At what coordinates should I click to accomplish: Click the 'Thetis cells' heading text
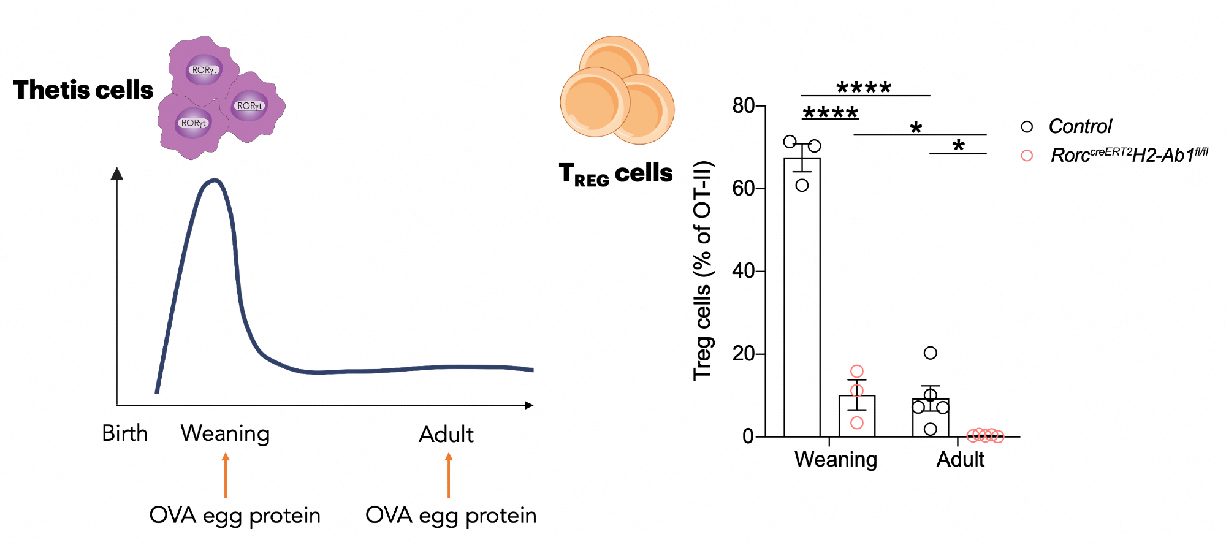coord(83,90)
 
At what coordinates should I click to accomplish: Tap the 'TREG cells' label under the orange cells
coord(615,173)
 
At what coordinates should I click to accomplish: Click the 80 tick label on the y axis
coord(743,106)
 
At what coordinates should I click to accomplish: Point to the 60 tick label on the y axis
coord(743,188)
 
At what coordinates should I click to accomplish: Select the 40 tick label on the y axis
coord(743,271)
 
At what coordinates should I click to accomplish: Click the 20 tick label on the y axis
coord(743,354)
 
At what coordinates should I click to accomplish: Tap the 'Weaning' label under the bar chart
coord(836,459)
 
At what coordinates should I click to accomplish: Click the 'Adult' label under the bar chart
coord(960,459)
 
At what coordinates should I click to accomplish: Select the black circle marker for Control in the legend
coord(1027,127)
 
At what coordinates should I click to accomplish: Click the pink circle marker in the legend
coord(1027,156)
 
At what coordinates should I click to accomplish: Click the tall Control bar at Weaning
coord(802,294)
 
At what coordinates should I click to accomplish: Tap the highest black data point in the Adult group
coord(930,353)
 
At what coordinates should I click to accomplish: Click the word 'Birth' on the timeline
coord(125,433)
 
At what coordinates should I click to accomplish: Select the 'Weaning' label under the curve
coord(225,433)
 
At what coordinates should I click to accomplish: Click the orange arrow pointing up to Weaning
coord(226,475)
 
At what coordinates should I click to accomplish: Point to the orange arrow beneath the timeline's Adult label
coord(449,475)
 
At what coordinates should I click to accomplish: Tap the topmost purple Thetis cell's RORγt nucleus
coord(204,70)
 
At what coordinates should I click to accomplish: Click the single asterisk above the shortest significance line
coord(958,146)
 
